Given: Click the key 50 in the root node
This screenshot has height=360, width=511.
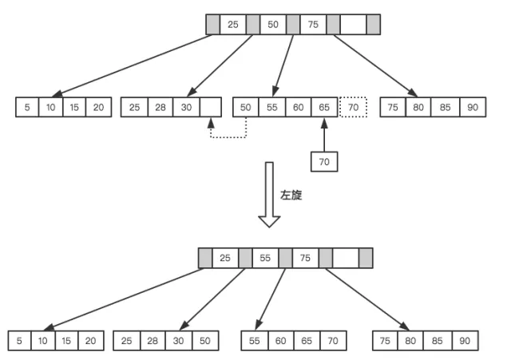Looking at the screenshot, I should [x=273, y=25].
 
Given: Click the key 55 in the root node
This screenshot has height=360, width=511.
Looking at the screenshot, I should [x=265, y=258].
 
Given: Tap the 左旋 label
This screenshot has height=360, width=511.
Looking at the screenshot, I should [x=291, y=195].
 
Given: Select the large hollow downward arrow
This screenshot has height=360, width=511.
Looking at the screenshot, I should [x=269, y=195].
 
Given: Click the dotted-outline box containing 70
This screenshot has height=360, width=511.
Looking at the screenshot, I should [x=352, y=107].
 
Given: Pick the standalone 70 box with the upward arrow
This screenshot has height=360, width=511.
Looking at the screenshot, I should [x=324, y=161].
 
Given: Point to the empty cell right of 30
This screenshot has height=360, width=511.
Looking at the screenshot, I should [x=211, y=107].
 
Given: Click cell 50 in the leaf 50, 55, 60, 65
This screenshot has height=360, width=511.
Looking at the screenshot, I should [x=244, y=107].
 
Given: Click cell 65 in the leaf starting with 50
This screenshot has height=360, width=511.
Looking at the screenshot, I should [x=324, y=107].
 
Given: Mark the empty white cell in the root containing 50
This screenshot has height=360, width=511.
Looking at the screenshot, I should [x=353, y=25].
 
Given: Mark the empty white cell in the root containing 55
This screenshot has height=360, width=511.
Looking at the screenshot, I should [x=345, y=258].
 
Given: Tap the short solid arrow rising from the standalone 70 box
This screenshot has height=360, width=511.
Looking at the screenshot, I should [x=324, y=135].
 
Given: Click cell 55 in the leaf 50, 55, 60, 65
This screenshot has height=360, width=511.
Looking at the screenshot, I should [x=271, y=107].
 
